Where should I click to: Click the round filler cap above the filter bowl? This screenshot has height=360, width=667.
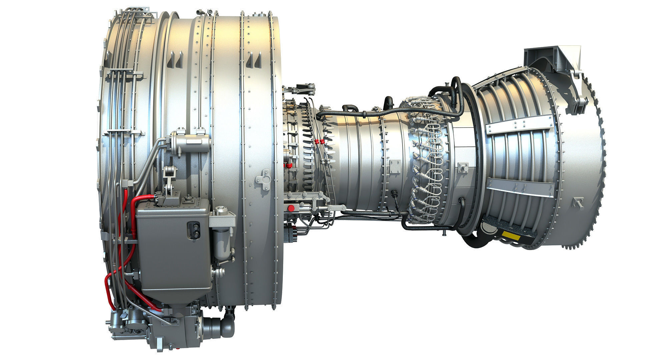(220, 210)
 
